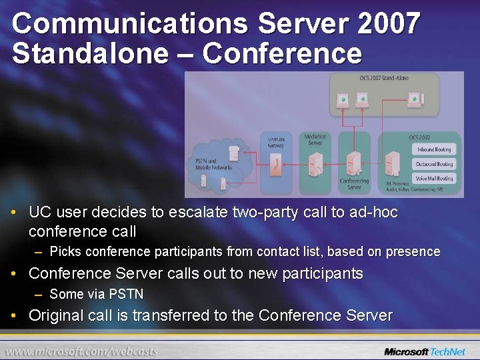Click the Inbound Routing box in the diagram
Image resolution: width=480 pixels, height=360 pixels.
(x=434, y=149)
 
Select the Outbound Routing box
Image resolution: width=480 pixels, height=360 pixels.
(x=434, y=164)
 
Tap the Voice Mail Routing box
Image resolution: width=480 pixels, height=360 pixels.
(x=434, y=179)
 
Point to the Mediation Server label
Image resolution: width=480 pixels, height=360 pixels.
(x=315, y=139)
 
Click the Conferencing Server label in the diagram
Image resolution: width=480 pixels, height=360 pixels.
(x=353, y=183)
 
